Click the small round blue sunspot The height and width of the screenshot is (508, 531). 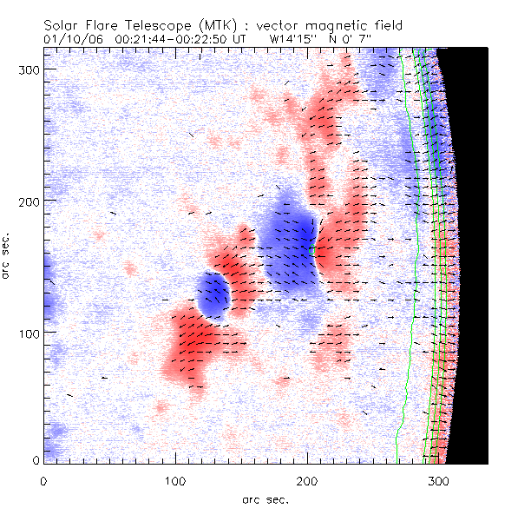(212, 294)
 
